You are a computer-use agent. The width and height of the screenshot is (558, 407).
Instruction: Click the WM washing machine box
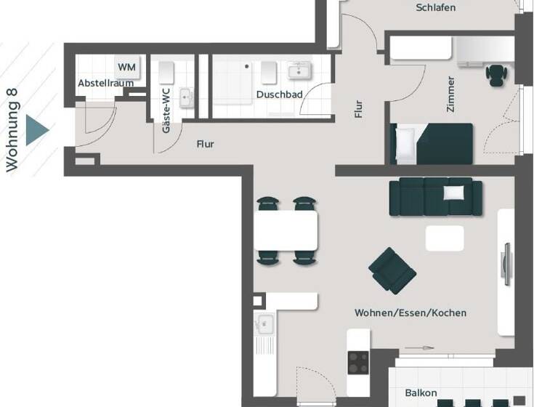127,67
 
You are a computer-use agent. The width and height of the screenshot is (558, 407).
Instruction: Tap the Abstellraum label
105,84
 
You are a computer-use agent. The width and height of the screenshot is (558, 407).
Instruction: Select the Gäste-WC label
166,110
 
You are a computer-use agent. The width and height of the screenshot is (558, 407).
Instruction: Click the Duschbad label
275,94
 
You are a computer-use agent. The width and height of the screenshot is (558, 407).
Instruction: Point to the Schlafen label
436,8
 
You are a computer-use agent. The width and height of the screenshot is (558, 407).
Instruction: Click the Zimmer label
451,93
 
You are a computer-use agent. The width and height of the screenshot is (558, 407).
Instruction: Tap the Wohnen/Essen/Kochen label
411,313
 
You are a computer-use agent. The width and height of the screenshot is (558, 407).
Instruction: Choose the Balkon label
421,393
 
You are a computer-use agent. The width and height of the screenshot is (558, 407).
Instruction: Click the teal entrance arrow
36,131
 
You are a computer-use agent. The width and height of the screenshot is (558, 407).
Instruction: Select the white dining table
286,230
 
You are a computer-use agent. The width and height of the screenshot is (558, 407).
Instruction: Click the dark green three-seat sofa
436,197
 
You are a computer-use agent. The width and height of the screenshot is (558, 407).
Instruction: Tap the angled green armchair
392,270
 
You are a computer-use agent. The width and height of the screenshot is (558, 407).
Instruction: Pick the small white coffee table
445,238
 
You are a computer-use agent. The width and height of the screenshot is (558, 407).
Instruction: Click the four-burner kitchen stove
358,362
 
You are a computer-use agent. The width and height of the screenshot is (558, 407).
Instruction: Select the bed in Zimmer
432,143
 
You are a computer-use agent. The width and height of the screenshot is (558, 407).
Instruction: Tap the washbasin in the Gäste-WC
186,97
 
